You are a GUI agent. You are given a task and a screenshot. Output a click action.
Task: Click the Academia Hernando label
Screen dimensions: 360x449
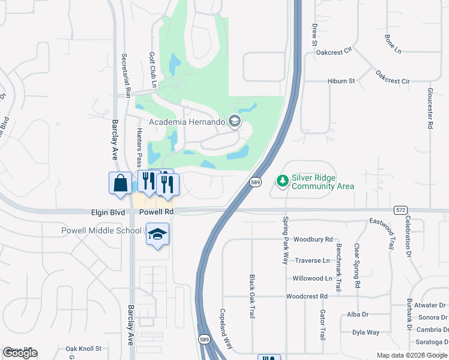[186, 122]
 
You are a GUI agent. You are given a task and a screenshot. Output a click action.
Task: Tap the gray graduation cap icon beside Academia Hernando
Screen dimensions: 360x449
[234, 122]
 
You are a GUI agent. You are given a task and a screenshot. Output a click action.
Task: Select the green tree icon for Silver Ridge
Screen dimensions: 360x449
[282, 180]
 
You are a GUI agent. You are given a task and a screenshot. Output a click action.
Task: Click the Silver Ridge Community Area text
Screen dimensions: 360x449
[322, 182]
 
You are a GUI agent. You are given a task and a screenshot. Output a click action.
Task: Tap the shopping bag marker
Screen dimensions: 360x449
[120, 182]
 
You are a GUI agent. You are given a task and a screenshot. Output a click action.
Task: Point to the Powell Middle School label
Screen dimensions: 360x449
[101, 231]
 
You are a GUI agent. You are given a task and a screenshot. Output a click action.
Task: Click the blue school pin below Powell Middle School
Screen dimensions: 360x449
[157, 235]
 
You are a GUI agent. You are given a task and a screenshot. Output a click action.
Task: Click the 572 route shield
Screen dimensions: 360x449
[401, 210]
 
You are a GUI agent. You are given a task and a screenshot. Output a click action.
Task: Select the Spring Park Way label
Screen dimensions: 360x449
[286, 240]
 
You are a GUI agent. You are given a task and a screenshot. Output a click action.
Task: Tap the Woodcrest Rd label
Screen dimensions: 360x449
[307, 296]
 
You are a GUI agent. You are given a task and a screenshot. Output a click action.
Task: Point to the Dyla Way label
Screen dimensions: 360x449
[366, 332]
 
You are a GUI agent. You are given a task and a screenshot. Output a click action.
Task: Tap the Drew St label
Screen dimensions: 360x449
[314, 35]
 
